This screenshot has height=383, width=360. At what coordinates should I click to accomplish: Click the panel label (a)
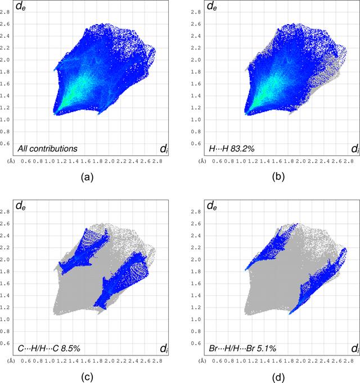[x=87, y=177]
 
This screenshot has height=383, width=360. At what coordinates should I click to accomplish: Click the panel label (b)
[x=278, y=177]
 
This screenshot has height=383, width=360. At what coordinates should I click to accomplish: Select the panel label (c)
[x=87, y=377]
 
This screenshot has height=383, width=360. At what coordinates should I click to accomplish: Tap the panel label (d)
[x=278, y=377]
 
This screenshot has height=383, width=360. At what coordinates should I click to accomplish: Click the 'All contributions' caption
[x=47, y=148]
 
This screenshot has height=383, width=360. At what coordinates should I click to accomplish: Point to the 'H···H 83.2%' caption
[x=232, y=148]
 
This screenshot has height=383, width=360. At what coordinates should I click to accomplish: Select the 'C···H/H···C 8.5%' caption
[x=49, y=348]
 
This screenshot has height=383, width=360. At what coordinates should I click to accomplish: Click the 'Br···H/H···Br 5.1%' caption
[x=242, y=348]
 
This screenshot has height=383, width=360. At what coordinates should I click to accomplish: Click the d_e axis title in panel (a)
[x=20, y=6]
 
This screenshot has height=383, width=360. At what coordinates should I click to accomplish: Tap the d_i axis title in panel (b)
[x=355, y=148]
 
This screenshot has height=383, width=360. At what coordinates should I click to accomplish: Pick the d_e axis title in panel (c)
[x=20, y=206]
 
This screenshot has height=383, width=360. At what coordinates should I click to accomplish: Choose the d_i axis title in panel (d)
[x=355, y=348]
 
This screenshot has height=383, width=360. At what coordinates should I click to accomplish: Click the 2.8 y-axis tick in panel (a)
[x=4, y=12]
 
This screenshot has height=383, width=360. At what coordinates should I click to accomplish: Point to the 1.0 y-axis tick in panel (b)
[x=196, y=120]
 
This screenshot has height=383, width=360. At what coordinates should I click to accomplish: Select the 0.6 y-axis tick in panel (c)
[x=4, y=344]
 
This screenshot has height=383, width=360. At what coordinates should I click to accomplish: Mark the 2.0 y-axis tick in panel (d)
[x=196, y=260]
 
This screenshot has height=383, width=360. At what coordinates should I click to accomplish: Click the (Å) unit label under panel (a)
[x=11, y=161]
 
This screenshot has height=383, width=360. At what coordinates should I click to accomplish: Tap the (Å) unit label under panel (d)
[x=202, y=361]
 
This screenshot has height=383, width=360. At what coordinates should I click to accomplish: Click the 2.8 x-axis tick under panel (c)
[x=157, y=361]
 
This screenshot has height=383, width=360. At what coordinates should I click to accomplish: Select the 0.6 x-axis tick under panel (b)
[x=217, y=161]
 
